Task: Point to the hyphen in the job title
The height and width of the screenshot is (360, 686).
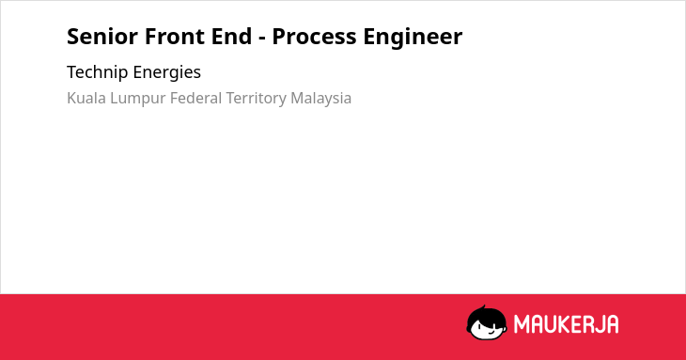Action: tap(262, 39)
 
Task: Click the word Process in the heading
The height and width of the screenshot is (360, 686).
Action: tap(314, 37)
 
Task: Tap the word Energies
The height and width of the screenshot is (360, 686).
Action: tap(167, 72)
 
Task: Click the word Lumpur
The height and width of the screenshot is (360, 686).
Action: tap(138, 99)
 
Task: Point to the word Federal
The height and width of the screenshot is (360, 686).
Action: tap(196, 98)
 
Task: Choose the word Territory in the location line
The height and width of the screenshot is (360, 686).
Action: tap(257, 99)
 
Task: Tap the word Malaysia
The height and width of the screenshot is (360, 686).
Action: tap(321, 99)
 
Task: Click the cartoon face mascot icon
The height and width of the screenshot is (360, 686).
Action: tap(487, 322)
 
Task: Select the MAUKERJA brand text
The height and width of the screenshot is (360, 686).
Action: tap(566, 324)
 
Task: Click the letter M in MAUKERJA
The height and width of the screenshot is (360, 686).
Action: tap(522, 324)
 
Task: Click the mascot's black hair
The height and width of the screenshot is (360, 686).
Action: tap(486, 313)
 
